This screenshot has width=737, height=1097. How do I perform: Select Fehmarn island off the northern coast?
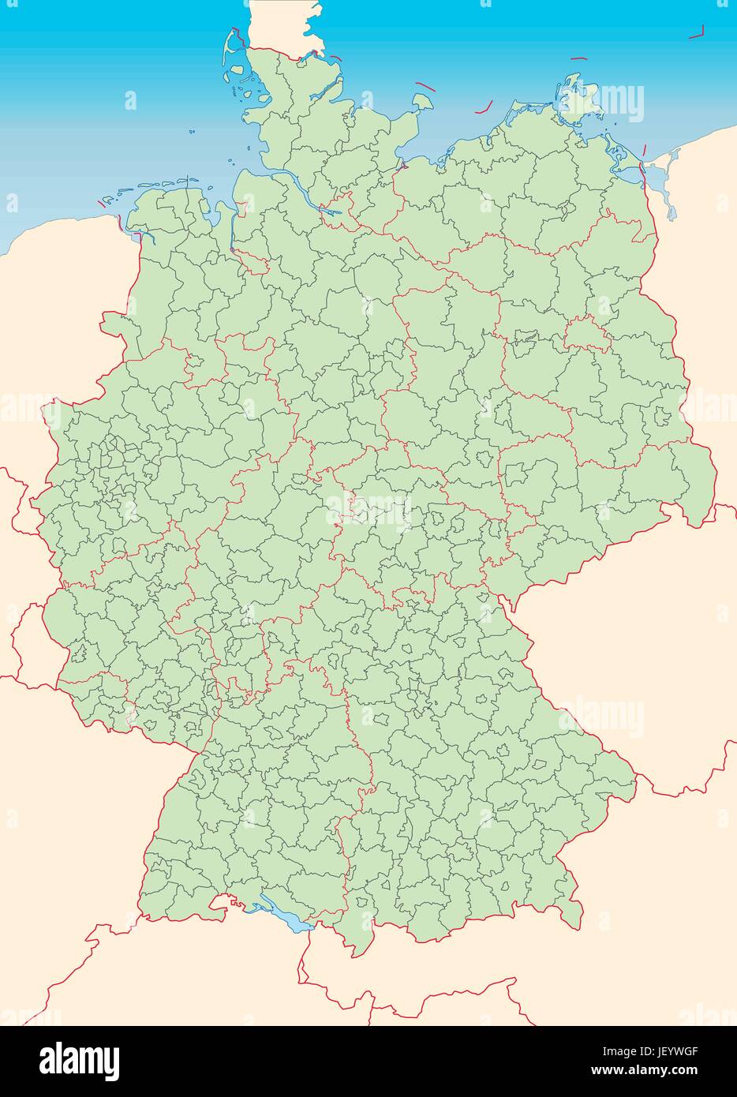[422, 102]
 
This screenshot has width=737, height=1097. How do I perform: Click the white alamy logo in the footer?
[80, 1058]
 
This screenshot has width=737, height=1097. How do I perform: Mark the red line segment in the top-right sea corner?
[695, 33]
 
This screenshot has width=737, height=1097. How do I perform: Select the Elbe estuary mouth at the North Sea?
[260, 170]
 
